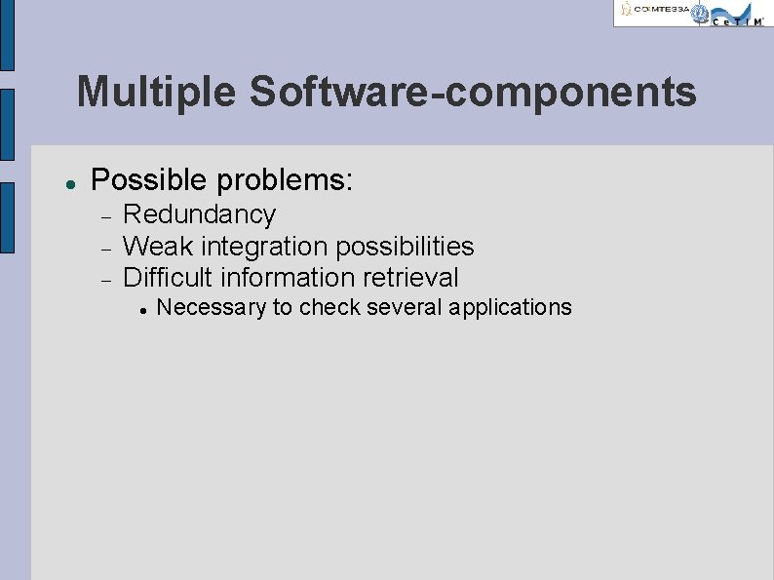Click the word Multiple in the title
coord(156,93)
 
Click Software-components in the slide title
coord(473,93)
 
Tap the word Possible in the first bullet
coord(148,180)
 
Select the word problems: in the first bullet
coord(285,180)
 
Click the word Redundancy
coord(199,214)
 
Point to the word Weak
coord(158,246)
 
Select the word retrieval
coord(410,277)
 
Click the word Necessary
coord(212,308)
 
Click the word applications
coord(511,308)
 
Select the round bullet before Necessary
coord(142,309)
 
